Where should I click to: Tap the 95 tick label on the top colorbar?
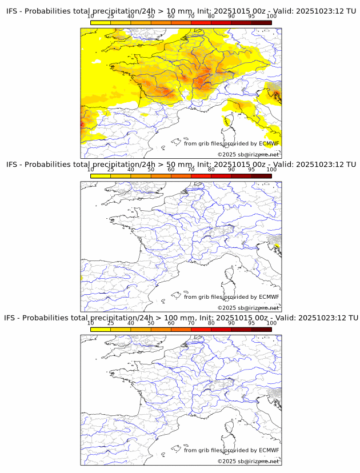[251, 16]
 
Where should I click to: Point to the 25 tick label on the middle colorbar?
[111, 170]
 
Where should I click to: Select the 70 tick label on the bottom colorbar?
[191, 323]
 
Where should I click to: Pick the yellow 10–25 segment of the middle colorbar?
[101, 176]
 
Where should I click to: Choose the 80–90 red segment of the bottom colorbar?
[221, 330]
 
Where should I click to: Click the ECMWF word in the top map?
[269, 143]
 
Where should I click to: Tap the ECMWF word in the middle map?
[269, 297]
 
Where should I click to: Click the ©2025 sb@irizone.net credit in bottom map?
[248, 461]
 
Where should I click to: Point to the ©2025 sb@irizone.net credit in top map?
[248, 154]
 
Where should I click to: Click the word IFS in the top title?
[11, 10]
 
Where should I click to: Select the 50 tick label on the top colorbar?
[151, 16]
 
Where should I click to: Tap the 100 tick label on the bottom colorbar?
[271, 323]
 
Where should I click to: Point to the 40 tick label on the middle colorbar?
[131, 170]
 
